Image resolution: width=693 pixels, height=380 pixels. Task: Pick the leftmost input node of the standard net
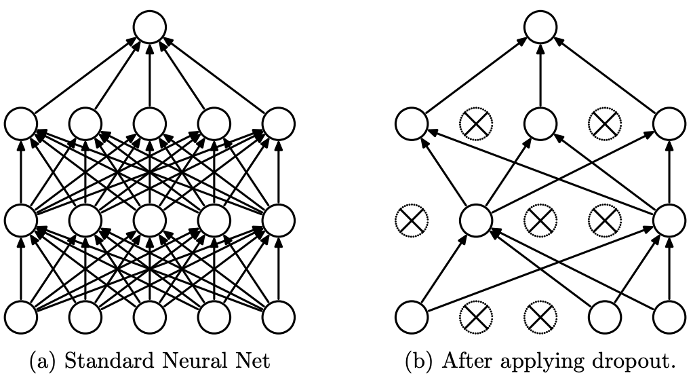point(20,316)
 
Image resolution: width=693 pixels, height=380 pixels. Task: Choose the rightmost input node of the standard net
point(278,316)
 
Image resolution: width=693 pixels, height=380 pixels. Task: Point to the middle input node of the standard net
point(149,316)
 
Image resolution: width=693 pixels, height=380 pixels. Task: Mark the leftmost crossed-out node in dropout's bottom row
point(476,316)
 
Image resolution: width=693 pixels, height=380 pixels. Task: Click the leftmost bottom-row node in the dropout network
point(412,316)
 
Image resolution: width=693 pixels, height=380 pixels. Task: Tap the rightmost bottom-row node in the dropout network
point(669,316)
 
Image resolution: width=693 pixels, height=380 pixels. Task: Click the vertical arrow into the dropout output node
point(540,75)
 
